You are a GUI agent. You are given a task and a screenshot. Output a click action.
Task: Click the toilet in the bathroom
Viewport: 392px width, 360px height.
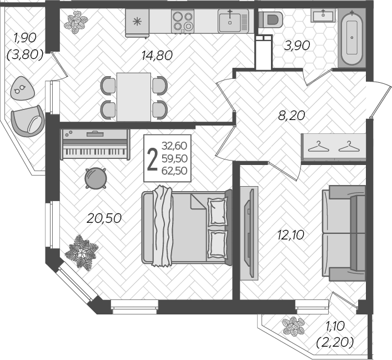pos(270,19)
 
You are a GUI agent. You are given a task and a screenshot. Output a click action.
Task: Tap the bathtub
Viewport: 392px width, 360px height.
pos(352,38)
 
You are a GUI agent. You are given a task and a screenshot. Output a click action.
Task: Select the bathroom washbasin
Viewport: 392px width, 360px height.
pos(323,15)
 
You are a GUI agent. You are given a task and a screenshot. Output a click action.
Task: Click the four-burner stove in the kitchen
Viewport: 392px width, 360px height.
pos(183,21)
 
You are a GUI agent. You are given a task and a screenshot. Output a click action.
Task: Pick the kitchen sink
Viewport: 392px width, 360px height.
pos(233,21)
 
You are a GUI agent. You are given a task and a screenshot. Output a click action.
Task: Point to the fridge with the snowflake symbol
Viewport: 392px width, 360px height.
pos(137,23)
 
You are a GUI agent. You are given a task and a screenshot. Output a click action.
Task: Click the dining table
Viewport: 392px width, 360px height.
pos(134,97)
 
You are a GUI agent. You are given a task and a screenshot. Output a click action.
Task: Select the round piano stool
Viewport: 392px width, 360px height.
pos(96,178)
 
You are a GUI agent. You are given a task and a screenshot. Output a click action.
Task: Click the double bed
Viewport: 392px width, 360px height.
pos(187,227)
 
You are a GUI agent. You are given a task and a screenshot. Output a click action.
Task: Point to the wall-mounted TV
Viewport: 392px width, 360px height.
pos(249,233)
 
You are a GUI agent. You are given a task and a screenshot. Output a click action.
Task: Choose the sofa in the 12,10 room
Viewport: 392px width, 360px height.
pos(344,233)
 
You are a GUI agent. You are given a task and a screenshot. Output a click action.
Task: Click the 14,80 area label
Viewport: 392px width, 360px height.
pos(157,56)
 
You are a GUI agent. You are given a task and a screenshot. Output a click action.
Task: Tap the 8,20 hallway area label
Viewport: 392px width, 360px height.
pos(292,116)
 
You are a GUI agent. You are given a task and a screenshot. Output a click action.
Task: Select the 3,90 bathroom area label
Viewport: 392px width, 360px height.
pos(297,46)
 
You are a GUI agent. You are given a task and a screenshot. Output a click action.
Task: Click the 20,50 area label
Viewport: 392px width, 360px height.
pos(104,218)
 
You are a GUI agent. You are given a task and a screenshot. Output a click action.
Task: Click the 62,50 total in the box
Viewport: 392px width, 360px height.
pos(174,171)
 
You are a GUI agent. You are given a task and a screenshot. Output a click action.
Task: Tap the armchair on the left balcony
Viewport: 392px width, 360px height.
pos(28,121)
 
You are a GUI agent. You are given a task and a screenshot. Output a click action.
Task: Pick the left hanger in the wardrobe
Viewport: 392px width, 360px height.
pos(319,147)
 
